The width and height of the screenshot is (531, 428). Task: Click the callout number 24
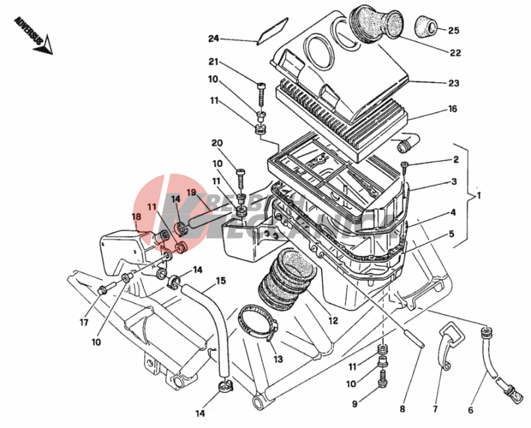[x=213, y=38]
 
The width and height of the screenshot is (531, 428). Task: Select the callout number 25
[x=454, y=30]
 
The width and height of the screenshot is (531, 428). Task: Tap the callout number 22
[x=455, y=53]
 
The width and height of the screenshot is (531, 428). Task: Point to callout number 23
[x=454, y=84]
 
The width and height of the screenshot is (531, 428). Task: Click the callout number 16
[x=453, y=109]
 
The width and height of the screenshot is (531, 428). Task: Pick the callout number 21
[x=213, y=63]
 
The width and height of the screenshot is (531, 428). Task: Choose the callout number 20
[x=217, y=144]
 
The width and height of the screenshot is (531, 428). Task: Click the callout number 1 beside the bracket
[x=479, y=196]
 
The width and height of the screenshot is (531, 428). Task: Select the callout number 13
[x=277, y=360]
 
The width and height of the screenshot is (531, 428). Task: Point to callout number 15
[x=221, y=281]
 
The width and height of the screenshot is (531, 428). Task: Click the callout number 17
[x=84, y=322]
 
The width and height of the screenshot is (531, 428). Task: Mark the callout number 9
[x=354, y=404]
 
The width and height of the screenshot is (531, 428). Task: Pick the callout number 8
[x=402, y=410]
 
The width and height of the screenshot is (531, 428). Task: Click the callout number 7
[x=435, y=409]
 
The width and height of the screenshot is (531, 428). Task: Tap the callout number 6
[x=470, y=410]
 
